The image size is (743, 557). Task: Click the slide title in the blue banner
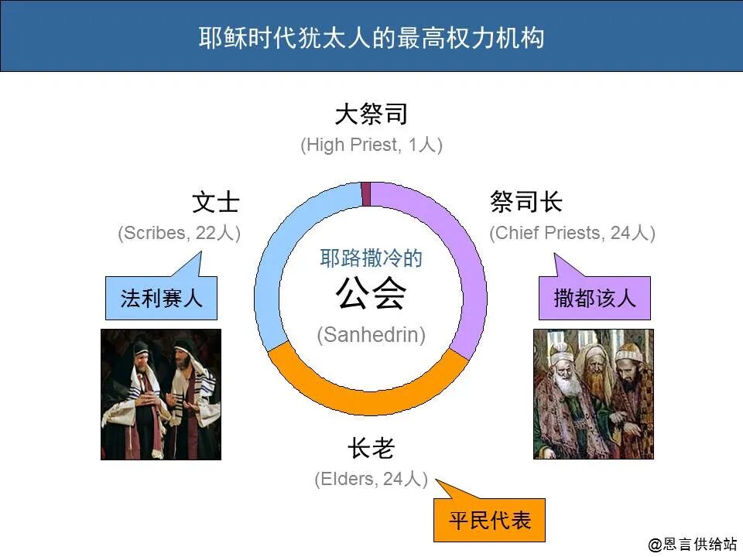click(x=371, y=37)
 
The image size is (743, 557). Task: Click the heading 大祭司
click(x=371, y=115)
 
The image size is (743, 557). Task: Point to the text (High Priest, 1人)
click(x=371, y=145)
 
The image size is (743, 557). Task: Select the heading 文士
click(x=216, y=203)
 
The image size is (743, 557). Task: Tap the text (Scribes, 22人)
click(x=179, y=233)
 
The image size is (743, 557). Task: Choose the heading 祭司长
click(x=526, y=203)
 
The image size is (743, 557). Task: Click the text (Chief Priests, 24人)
click(x=572, y=233)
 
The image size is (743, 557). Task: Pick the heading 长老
click(x=371, y=449)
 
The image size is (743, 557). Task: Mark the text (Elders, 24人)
click(x=371, y=480)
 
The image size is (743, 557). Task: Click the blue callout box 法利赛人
click(x=161, y=299)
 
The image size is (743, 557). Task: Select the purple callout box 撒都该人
click(x=594, y=299)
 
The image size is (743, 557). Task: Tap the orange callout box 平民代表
click(x=489, y=520)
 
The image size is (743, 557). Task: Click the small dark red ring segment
click(x=366, y=193)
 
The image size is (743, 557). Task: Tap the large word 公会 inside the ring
click(x=371, y=296)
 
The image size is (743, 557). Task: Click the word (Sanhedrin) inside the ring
click(x=371, y=335)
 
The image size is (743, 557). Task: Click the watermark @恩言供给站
click(x=692, y=545)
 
